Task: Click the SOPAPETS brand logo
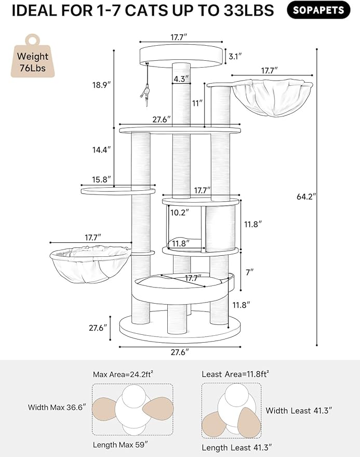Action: [318, 10]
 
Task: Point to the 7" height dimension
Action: [250, 272]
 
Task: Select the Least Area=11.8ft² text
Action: [235, 374]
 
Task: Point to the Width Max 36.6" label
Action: [57, 407]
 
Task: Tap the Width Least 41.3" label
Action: [299, 410]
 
